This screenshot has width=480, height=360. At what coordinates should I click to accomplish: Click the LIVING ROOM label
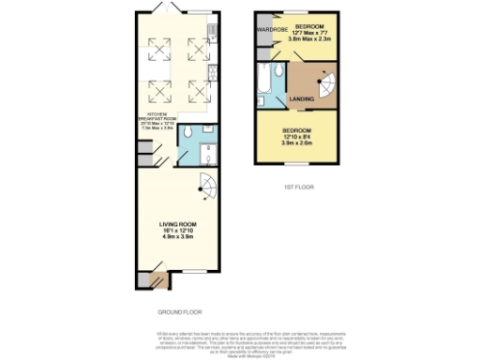click(177, 225)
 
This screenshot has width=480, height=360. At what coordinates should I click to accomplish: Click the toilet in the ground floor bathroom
click(188, 131)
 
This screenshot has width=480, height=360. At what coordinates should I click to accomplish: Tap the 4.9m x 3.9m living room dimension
click(177, 239)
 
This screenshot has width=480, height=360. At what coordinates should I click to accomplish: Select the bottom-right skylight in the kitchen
click(198, 90)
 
